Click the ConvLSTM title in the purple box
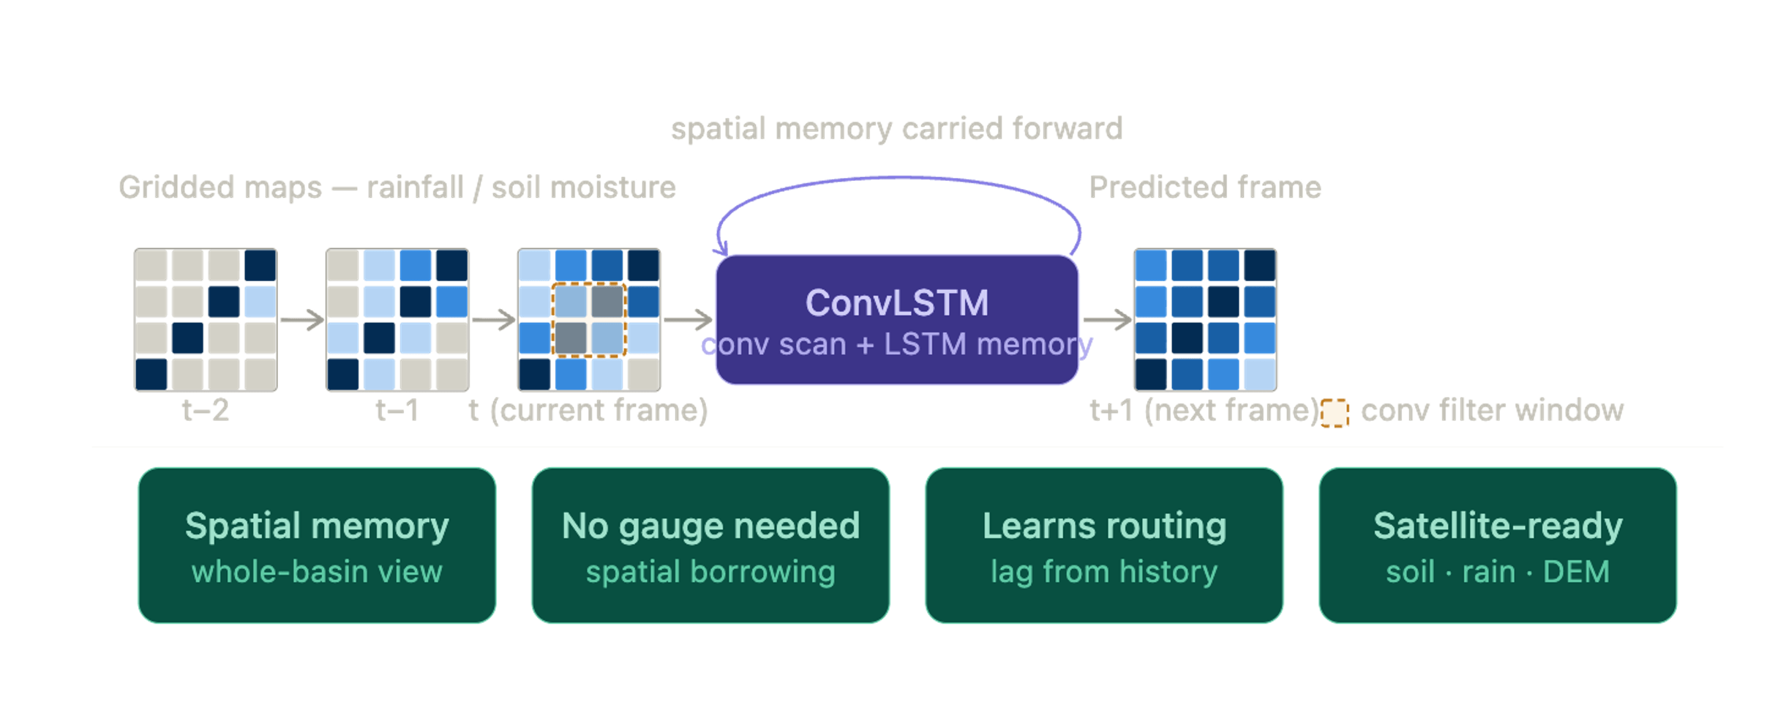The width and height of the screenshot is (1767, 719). coord(896,302)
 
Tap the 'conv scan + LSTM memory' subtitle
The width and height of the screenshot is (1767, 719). coord(896,344)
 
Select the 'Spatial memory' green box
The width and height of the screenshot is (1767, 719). coord(317,545)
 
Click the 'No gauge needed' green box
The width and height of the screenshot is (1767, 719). coord(710,545)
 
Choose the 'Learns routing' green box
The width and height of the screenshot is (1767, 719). coord(1103,545)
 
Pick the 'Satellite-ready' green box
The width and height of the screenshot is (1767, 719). coord(1497,545)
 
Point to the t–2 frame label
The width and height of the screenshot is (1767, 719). coord(206,410)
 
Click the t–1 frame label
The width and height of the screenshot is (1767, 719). coord(397,410)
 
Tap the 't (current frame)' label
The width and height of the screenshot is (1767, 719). coord(588,410)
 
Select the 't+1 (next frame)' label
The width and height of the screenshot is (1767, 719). coord(1204,410)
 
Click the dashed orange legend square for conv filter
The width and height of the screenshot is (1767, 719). coord(1335,413)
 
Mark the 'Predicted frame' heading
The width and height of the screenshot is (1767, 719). coord(1204,187)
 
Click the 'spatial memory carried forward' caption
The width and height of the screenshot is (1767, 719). coord(896,129)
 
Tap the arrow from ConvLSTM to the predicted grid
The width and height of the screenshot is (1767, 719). coord(1106,320)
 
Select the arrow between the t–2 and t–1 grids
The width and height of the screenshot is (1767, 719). coord(301,320)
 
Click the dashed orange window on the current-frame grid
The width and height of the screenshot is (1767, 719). coord(589,320)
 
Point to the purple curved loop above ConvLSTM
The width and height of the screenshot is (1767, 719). coord(898,178)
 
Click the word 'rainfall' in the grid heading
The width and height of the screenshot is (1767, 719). coord(415,187)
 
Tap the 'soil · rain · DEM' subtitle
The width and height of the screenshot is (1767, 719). coord(1497,572)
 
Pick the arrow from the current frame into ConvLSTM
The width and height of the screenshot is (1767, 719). coord(688,320)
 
